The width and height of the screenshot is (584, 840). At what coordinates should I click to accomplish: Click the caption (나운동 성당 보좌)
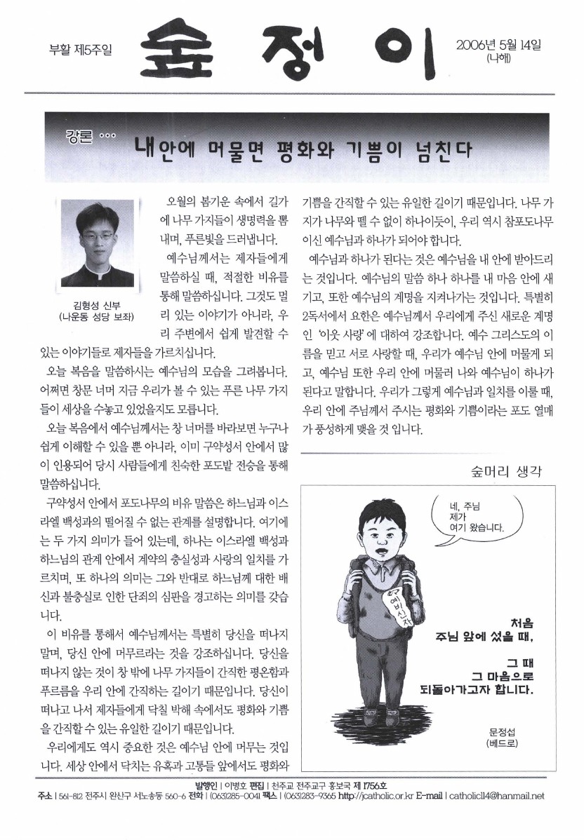click(x=98, y=316)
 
